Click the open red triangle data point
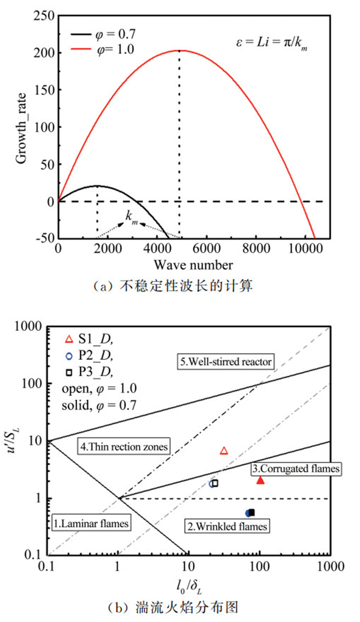(x=224, y=451)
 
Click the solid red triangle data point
(x=260, y=480)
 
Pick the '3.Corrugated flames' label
(x=296, y=469)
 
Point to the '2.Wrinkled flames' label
(x=227, y=526)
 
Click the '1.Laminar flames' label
(x=91, y=523)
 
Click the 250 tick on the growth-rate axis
(x=44, y=16)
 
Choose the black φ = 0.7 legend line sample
(x=83, y=35)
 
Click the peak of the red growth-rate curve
(x=179, y=50)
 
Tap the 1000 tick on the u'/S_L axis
(x=32, y=325)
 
